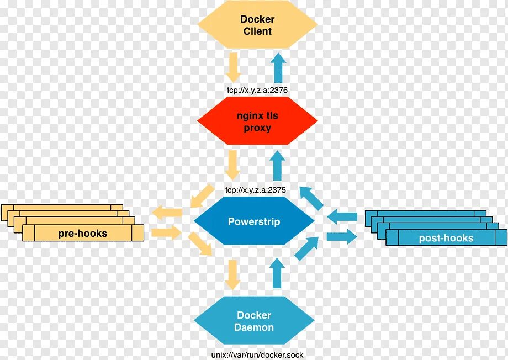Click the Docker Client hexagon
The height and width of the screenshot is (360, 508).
(257, 25)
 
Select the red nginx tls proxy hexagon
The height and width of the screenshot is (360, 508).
(257, 121)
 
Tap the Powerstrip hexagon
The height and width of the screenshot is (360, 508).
(254, 222)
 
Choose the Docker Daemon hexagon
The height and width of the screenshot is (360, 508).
(254, 321)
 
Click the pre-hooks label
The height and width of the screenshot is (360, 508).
(83, 234)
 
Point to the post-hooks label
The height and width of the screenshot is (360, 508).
(446, 238)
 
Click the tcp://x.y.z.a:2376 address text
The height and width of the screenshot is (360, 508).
(257, 89)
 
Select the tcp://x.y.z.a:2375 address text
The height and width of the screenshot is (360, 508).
(255, 190)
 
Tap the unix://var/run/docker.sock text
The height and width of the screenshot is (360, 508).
(257, 355)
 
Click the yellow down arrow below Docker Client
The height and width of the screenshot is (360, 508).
(233, 66)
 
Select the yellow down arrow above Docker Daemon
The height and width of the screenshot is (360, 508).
(232, 274)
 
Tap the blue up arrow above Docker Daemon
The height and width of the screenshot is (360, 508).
(278, 273)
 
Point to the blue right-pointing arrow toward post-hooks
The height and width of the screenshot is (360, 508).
(341, 237)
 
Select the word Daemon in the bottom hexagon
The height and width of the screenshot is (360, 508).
(254, 327)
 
